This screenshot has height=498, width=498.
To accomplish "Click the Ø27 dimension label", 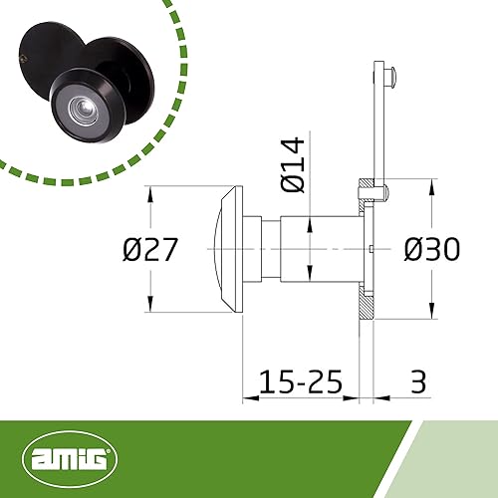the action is pyautogui.click(x=150, y=249).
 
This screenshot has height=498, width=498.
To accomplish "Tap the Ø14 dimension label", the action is pyautogui.click(x=293, y=165).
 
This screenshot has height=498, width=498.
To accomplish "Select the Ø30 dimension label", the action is pyautogui.click(x=432, y=249).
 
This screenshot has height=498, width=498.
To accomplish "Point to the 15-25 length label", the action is pyautogui.click(x=300, y=381).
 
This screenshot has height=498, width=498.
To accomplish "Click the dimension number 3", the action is pyautogui.click(x=418, y=381).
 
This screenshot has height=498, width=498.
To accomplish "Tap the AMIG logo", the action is pyautogui.click(x=70, y=459).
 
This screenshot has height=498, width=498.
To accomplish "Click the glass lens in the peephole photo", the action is pyautogui.click(x=83, y=108).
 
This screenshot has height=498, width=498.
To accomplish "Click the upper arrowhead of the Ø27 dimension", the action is pyautogui.click(x=150, y=194).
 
